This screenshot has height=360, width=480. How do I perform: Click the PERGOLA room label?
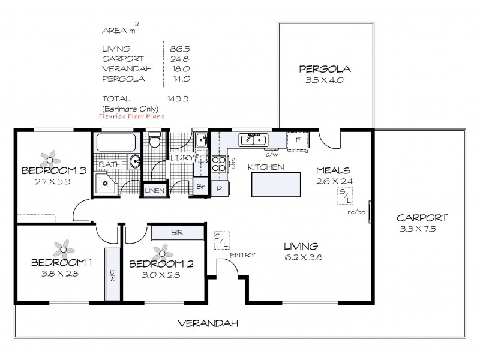[x=325, y=69]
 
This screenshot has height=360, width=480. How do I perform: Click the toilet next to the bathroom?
[x=154, y=142]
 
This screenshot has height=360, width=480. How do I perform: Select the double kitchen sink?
[x=254, y=140]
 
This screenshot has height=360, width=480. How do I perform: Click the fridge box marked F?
[x=297, y=139]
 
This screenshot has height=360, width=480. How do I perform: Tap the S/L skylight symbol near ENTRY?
[x=221, y=240]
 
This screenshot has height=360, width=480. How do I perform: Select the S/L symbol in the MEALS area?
[x=346, y=195]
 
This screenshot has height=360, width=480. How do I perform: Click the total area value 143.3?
[x=178, y=98]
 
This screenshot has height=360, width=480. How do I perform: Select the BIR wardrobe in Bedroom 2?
[x=176, y=232]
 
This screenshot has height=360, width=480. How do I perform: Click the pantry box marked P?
[x=219, y=188]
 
